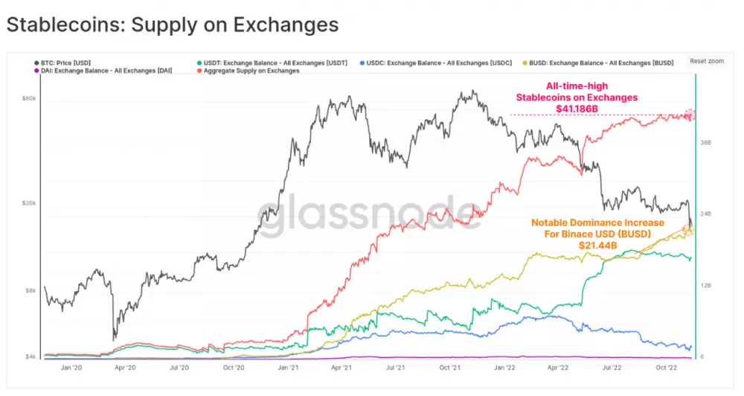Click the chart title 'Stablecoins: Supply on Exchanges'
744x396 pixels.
pyautogui.click(x=172, y=25)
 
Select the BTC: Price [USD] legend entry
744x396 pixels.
pyautogui.click(x=67, y=63)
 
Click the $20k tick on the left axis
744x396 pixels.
pyautogui.click(x=31, y=203)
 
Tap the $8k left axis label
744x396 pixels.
pyautogui.click(x=32, y=290)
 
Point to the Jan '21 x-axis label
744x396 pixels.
pyautogui.click(x=288, y=367)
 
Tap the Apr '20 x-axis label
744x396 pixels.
pyautogui.click(x=125, y=367)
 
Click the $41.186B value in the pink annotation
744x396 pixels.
pyautogui.click(x=577, y=109)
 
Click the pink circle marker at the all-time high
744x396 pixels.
pyautogui.click(x=690, y=115)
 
